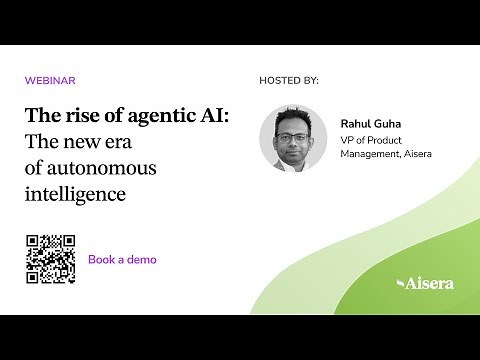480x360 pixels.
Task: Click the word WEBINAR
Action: (50, 80)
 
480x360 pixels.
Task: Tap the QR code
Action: (51, 259)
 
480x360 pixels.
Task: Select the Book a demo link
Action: (122, 259)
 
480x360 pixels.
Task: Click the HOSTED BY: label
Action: (288, 80)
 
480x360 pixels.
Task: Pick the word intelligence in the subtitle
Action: (76, 193)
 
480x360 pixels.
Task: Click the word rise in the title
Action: (81, 116)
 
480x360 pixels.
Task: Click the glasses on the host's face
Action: (292, 130)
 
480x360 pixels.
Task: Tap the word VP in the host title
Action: (348, 140)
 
